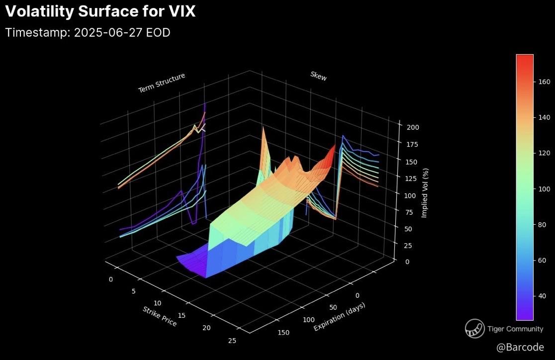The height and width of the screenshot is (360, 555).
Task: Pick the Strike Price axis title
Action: pos(160,316)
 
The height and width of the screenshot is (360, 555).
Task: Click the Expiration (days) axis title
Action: pos(340,317)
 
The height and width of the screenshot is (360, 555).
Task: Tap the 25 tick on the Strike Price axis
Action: pos(232,340)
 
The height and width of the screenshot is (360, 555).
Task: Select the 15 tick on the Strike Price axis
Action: pos(182,315)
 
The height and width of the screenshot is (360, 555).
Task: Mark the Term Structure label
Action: pos(162,83)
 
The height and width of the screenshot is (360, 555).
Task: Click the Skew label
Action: pos(319,76)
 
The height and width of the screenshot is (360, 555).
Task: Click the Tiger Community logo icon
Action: pos(474,329)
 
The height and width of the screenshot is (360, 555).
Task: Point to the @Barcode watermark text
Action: pos(520,347)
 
